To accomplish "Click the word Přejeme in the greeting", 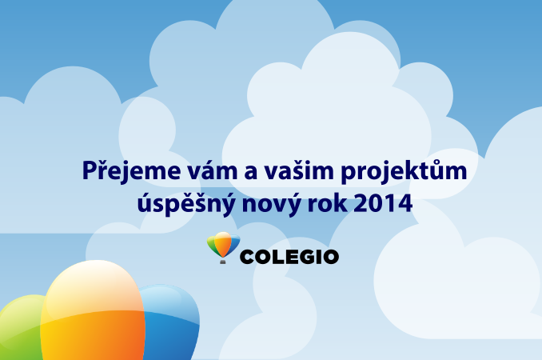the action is (131, 170).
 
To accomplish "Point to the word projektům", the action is (404, 170).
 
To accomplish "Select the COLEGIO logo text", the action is (289, 257).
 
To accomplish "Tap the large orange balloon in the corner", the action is (93, 311).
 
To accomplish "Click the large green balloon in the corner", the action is (21, 329).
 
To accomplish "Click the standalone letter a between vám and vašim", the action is (251, 172).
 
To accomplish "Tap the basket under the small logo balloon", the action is (223, 262).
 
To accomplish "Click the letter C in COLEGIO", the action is (247, 258).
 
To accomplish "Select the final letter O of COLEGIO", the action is (331, 258).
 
